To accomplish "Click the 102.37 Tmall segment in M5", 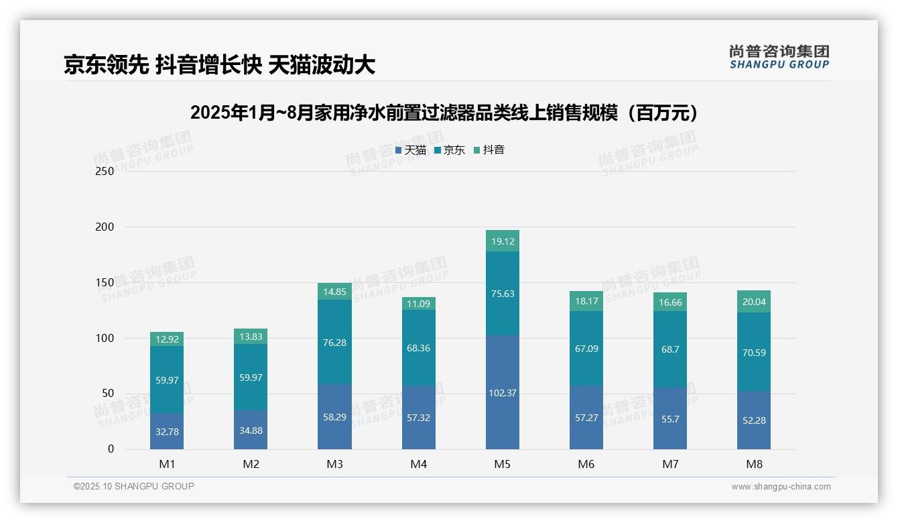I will click(x=502, y=392).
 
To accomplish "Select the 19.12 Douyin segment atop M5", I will click(x=502, y=241).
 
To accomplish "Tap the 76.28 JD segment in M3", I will click(x=334, y=342).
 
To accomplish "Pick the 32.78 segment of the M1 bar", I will click(x=167, y=431).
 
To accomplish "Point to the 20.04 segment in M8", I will click(x=753, y=302).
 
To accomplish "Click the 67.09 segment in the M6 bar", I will click(x=586, y=348).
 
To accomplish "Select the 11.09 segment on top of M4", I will click(x=418, y=304).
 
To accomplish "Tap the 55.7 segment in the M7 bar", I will click(x=669, y=418).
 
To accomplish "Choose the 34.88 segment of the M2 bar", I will click(x=251, y=430).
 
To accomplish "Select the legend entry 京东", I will click(x=450, y=150).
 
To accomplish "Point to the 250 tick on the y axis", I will click(x=105, y=171).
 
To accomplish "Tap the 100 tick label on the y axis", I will click(x=105, y=338).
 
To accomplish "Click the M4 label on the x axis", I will click(x=418, y=464).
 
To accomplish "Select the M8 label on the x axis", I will click(x=753, y=464).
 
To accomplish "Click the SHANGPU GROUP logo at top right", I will click(x=779, y=57).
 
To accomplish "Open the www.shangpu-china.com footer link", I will click(x=781, y=487).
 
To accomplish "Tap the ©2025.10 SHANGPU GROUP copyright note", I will click(x=134, y=487).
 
